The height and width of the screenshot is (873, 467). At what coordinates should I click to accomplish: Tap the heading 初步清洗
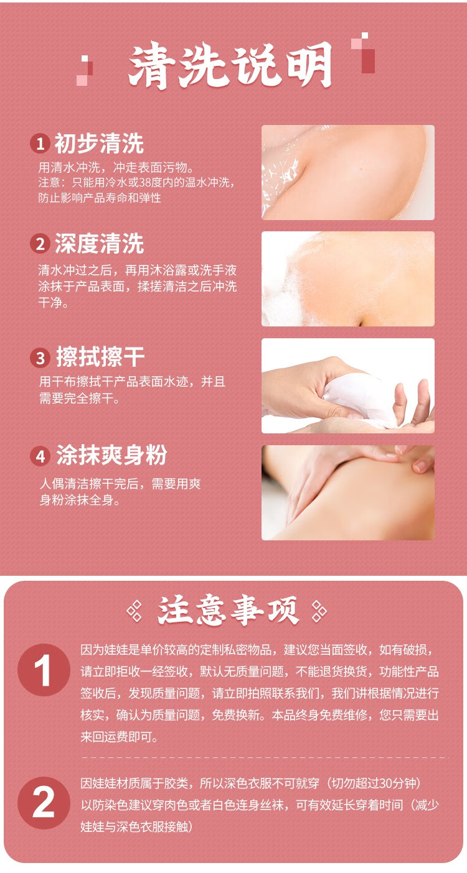coord(99,144)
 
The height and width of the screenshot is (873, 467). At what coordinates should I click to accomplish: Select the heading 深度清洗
coord(99,244)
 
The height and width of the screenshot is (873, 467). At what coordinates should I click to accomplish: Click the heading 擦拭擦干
coord(100,358)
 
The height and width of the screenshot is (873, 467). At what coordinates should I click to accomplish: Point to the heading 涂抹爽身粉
coord(111,456)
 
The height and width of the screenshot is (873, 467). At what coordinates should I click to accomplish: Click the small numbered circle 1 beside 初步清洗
coord(40,144)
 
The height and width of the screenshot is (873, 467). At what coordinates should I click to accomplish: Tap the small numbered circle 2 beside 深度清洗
coord(40,244)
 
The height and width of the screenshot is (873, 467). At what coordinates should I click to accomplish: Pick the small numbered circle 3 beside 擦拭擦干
coord(40,358)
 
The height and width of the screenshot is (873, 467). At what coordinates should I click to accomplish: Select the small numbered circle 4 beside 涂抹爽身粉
coord(40,456)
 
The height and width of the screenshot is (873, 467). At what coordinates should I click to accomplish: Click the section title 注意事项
coord(228,611)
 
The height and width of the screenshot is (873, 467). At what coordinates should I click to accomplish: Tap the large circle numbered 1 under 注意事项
coord(44,670)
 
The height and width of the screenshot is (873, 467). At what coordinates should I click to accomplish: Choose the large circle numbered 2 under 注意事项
coord(44,803)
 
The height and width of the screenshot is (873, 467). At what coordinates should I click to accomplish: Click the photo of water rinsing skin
coord(347,172)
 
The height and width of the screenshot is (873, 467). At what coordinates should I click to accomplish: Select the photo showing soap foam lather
coord(347,279)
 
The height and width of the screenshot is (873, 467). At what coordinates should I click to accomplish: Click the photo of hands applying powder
coord(347,492)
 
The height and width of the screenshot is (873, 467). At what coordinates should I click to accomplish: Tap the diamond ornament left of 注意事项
coord(134,611)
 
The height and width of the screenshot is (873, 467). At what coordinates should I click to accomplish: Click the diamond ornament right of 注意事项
coord(318,611)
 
